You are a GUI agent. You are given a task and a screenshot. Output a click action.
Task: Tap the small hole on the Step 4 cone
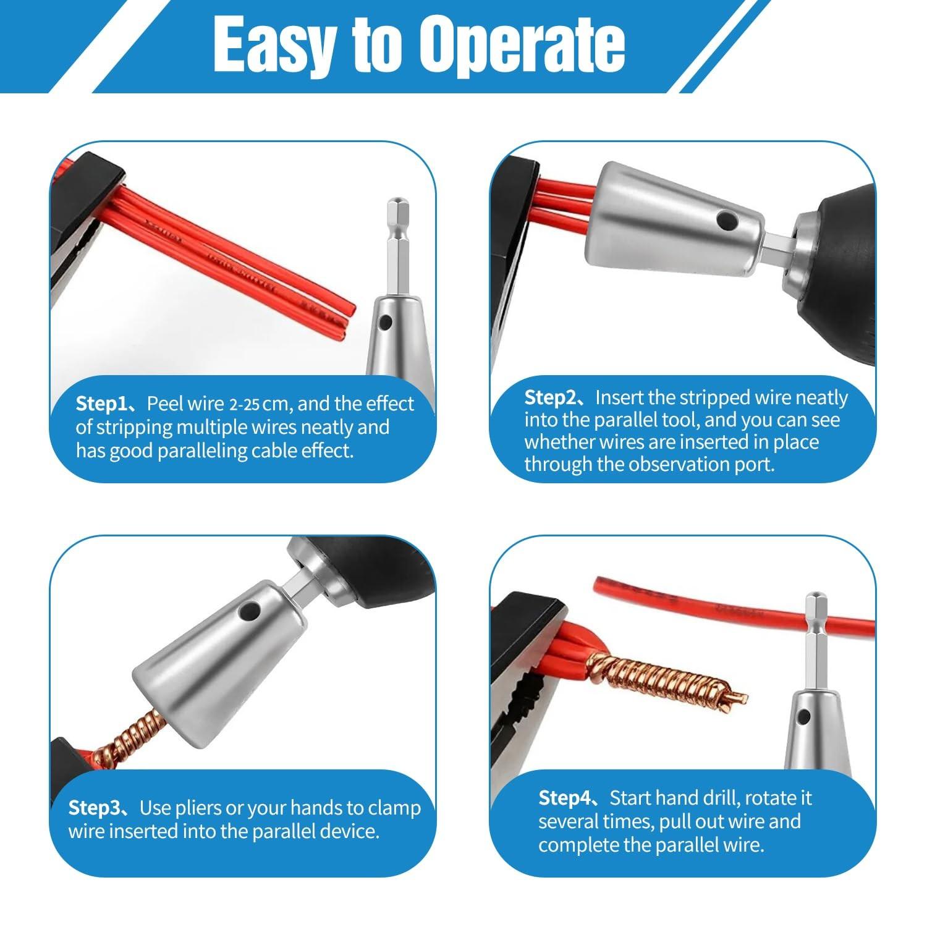click(x=803, y=717)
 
